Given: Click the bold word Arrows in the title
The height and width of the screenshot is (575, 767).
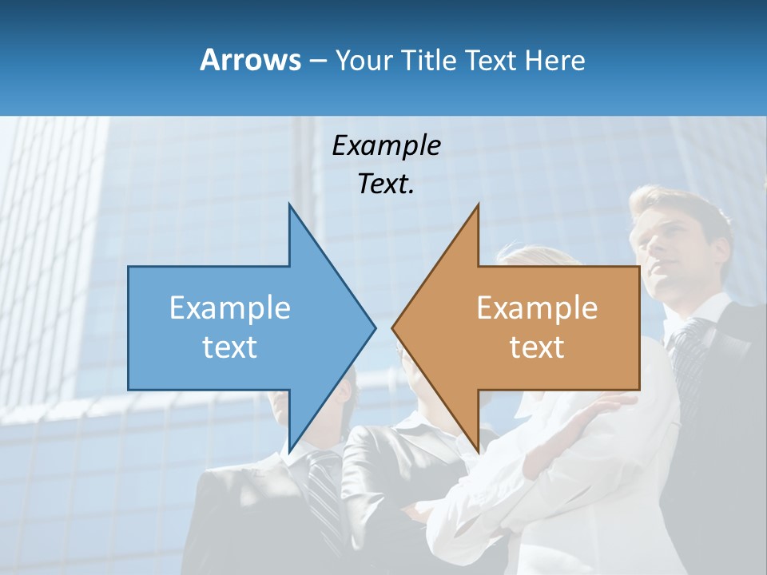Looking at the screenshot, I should pyautogui.click(x=249, y=60).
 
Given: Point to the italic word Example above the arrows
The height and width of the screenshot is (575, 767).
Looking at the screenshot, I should pyautogui.click(x=386, y=145).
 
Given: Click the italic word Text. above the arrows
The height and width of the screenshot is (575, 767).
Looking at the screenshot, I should pyautogui.click(x=386, y=184).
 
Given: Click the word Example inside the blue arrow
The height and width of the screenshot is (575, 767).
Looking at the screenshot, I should pyautogui.click(x=230, y=308).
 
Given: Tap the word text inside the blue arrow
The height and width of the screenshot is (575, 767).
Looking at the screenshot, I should pyautogui.click(x=230, y=347).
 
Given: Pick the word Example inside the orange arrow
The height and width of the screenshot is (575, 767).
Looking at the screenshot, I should pyautogui.click(x=537, y=308).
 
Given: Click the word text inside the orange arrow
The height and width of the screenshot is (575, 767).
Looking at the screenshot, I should pyautogui.click(x=537, y=347).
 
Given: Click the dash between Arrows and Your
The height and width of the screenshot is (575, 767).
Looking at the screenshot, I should pyautogui.click(x=317, y=60).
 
